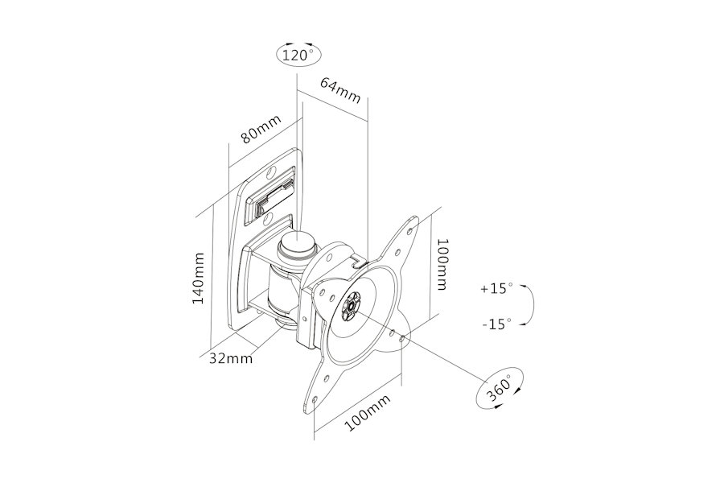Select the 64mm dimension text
coord(340,91)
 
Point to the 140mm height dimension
coord(198,278)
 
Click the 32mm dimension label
coord(231,358)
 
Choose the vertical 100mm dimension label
coord(442,264)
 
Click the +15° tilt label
coord(497,289)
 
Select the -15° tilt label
coord(497,324)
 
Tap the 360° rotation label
coord(499,387)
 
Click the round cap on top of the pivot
coord(297,244)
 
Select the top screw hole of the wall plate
coord(272,173)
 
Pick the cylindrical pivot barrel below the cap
coord(280,292)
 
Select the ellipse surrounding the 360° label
coord(499,387)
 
